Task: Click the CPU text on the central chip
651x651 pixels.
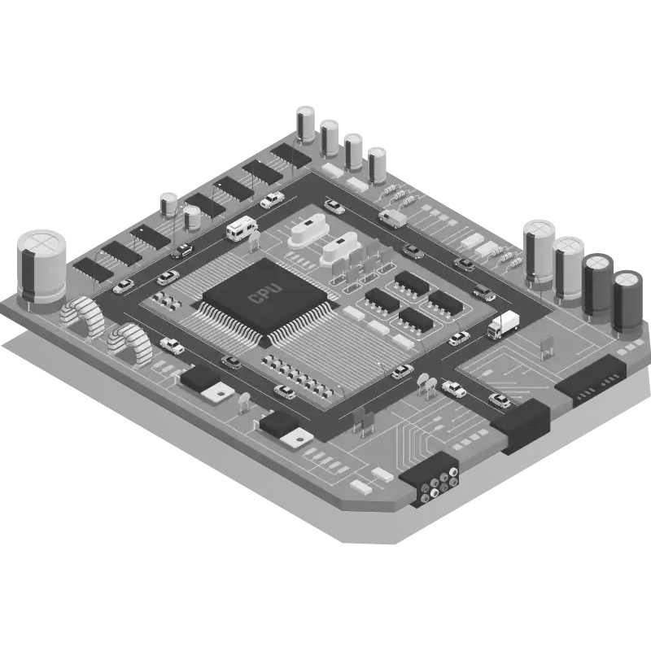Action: pyautogui.click(x=265, y=293)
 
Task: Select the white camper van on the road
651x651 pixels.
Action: pyautogui.click(x=242, y=228)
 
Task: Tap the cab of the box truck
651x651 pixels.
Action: pyautogui.click(x=495, y=330)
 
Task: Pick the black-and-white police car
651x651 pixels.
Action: pyautogui.click(x=182, y=251)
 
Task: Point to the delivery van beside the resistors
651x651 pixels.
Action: pyautogui.click(x=392, y=218)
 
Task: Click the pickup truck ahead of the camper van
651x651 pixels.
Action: pyautogui.click(x=273, y=199)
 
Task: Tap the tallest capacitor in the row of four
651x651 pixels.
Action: pyautogui.click(x=306, y=125)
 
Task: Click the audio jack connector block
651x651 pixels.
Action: pyautogui.click(x=430, y=478)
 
